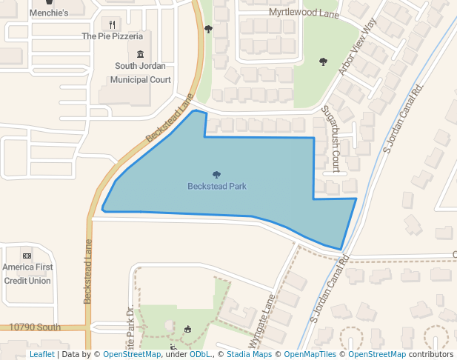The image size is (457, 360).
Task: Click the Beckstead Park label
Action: tap(216, 187)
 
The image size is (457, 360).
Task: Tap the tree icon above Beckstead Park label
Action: tap(216, 175)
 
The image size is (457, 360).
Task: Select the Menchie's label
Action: tap(50, 13)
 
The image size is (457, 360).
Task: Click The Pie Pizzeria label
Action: tap(112, 36)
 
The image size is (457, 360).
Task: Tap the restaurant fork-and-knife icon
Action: tap(112, 24)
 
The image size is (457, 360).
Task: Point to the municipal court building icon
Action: tap(141, 54)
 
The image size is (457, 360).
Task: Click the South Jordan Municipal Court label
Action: tap(141, 73)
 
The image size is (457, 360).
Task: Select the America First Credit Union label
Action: tap(27, 273)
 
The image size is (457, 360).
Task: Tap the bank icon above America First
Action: tap(27, 256)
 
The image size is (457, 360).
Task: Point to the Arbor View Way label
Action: tap(358, 46)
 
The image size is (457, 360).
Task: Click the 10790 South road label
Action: tap(35, 327)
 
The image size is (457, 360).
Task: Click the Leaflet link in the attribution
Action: tap(41, 355)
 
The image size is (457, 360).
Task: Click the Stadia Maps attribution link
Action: tap(248, 355)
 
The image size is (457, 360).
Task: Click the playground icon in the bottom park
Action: tap(187, 328)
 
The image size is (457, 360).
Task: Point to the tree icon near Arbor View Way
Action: tap(322, 61)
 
